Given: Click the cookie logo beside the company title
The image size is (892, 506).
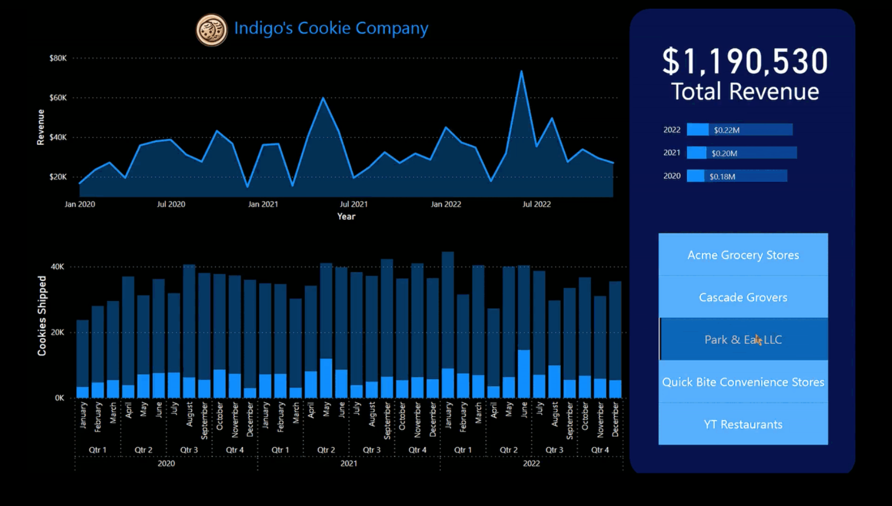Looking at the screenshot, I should (211, 29).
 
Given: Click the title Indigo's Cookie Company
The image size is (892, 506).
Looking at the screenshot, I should (331, 28).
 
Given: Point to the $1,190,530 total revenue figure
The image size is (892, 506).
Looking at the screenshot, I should (744, 62).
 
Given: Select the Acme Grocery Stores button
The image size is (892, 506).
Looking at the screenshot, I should (743, 255).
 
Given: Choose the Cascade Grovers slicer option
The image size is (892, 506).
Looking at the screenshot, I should (743, 297).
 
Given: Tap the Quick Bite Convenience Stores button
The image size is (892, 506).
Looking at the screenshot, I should (743, 382).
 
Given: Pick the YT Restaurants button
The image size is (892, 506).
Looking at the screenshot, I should (743, 424).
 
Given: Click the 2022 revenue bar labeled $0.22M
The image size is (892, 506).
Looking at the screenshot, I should (739, 130).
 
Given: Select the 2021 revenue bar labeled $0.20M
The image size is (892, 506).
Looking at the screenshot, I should (741, 153).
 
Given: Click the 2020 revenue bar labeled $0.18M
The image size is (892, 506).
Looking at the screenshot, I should (737, 176).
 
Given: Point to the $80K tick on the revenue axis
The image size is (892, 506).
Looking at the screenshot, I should (58, 58).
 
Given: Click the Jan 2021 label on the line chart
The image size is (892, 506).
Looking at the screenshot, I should (263, 204).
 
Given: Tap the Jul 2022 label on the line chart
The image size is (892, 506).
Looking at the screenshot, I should (537, 204).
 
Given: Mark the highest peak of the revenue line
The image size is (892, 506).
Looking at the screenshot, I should (522, 72).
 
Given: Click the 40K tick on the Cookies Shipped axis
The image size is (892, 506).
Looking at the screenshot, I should (58, 267).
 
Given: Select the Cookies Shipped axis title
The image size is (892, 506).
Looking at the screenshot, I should (42, 316).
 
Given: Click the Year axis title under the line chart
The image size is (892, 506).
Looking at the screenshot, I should (346, 216).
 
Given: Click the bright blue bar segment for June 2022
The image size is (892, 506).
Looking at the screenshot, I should (524, 374).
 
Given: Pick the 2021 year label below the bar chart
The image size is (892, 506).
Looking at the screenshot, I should (348, 463).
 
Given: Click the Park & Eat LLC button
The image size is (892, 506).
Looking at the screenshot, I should (743, 340).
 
